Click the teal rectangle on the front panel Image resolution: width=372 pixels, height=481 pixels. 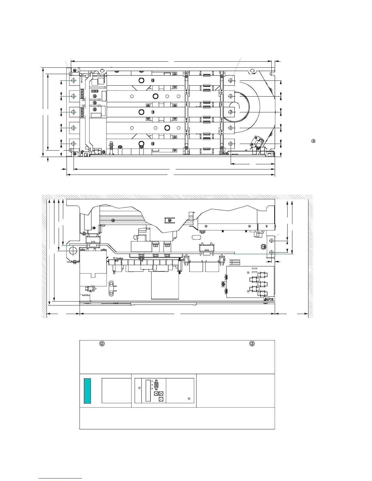[x=87, y=391]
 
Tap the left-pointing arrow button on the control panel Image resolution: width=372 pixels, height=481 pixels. [x=156, y=393]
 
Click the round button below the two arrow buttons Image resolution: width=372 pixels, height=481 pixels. [x=161, y=399]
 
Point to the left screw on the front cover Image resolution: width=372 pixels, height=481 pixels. [x=102, y=344]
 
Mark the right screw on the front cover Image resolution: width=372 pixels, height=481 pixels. [x=252, y=344]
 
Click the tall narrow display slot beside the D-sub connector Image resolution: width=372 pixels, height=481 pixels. [x=148, y=391]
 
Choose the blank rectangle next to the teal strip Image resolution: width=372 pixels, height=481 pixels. [x=116, y=391]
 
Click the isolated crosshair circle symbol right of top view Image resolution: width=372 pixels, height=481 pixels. [x=313, y=141]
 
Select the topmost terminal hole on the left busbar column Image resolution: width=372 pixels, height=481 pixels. [x=73, y=80]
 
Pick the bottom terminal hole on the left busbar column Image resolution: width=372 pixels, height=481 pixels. [x=73, y=144]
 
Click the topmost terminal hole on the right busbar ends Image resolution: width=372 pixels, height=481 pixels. [x=230, y=80]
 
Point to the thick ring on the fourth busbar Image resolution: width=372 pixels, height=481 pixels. [x=167, y=128]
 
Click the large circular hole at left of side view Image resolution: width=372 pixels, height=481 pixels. [x=73, y=251]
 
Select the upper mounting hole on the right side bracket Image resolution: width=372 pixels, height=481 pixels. [x=271, y=241]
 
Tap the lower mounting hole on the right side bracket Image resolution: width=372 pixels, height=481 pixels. [x=271, y=252]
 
